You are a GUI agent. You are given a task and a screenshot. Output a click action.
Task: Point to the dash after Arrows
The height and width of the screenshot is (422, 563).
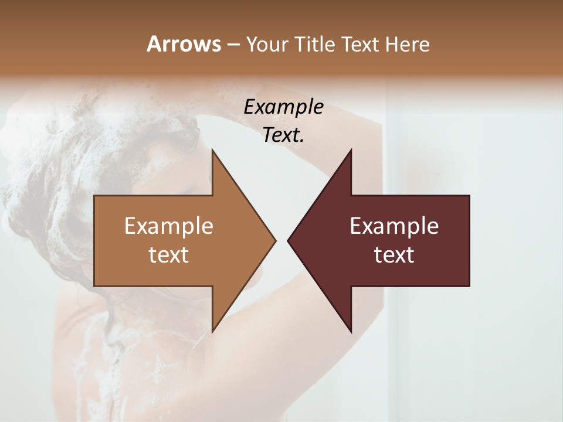pyautogui.click(x=232, y=45)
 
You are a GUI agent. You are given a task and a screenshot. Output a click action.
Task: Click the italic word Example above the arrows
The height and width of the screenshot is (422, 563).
pyautogui.click(x=283, y=107)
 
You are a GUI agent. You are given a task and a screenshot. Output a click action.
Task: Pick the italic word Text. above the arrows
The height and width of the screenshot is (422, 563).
pyautogui.click(x=283, y=135)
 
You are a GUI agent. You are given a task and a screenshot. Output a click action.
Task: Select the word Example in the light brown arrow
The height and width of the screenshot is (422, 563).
pyautogui.click(x=169, y=226)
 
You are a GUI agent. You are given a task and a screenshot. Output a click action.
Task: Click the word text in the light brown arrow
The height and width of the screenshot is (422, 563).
pyautogui.click(x=169, y=254)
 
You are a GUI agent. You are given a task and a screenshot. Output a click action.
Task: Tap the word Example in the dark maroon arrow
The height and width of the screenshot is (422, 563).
pyautogui.click(x=394, y=226)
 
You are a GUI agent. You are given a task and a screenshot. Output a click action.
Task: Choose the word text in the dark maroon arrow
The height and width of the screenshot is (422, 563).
pyautogui.click(x=394, y=254)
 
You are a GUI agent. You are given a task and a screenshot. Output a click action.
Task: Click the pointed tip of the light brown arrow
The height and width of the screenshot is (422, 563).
pyautogui.click(x=275, y=240)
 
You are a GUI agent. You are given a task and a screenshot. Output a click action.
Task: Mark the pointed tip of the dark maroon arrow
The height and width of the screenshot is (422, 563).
pyautogui.click(x=288, y=240)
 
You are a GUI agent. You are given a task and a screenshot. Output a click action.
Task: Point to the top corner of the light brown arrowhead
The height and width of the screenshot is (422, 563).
pyautogui.click(x=212, y=150)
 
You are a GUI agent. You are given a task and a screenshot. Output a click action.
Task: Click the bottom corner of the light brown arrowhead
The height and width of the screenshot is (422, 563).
pyautogui.click(x=212, y=331)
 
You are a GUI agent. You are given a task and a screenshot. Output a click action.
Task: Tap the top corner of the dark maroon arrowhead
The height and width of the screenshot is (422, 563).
pyautogui.click(x=351, y=150)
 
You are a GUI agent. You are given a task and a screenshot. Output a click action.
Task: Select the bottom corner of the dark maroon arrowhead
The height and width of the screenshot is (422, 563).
pyautogui.click(x=351, y=331)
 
